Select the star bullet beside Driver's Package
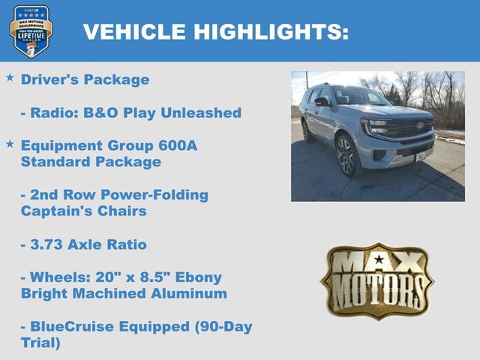10,77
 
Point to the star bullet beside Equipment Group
10,142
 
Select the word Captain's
55,211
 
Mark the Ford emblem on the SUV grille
420,125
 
